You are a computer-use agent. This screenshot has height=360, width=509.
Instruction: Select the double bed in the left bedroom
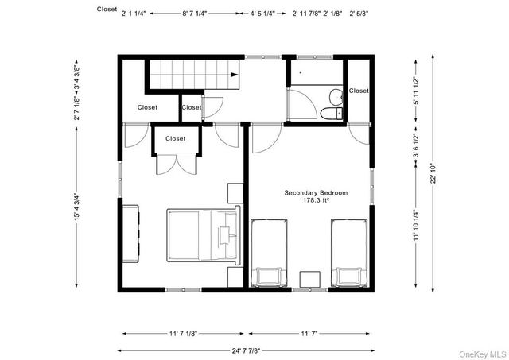click(204, 234)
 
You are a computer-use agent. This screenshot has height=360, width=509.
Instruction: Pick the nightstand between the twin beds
click(309, 279)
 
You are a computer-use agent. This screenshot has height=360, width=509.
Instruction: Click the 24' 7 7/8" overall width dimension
click(247, 349)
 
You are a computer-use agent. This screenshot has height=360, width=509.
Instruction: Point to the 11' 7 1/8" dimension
click(183, 333)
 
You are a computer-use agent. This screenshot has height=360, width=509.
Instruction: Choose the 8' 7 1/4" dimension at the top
click(196, 14)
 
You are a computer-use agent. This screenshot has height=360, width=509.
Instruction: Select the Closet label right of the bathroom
click(359, 91)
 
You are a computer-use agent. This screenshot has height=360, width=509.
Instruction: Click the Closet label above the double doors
click(175, 138)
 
